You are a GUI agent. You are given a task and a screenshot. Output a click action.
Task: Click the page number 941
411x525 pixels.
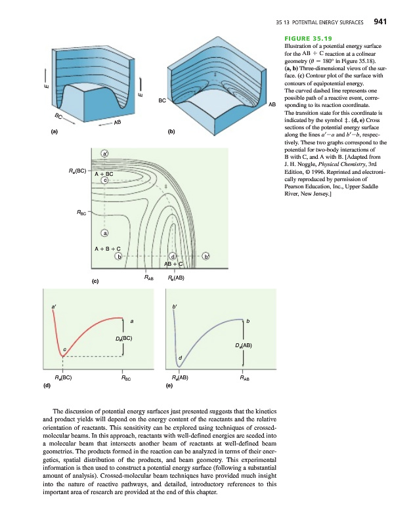383,22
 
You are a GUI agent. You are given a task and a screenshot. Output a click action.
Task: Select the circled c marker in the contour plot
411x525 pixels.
104,181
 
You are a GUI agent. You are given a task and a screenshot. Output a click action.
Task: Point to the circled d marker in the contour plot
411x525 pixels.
173,256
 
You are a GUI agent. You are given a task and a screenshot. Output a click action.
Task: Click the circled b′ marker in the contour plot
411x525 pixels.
206,256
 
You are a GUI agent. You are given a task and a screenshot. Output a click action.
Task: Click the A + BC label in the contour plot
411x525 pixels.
104,174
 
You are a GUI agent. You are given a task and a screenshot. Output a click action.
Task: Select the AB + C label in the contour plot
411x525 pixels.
173,264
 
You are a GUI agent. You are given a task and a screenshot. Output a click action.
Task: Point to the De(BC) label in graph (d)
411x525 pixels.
124,339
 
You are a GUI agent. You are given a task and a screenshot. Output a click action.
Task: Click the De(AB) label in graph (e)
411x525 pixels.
243,345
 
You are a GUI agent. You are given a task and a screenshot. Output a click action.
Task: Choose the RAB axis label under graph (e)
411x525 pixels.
244,378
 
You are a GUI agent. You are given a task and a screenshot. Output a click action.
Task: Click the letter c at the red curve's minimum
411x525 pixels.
64,348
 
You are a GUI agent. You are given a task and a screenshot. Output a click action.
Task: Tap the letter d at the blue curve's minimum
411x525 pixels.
180,357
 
